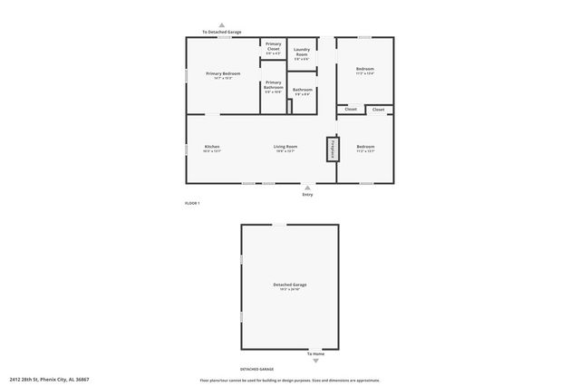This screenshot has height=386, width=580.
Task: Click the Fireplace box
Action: [333, 150]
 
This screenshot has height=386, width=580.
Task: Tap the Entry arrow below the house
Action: [307, 188]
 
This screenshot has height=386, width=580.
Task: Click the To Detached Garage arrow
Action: [222, 25]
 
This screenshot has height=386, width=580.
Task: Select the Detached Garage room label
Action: [290, 287]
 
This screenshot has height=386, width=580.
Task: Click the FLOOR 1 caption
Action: [192, 203]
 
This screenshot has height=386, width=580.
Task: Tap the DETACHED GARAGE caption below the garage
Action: [256, 370]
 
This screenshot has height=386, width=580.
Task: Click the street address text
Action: [49, 380]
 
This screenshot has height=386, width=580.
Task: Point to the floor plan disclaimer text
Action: [289, 380]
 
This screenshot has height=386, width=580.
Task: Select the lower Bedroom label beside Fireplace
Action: [365, 149]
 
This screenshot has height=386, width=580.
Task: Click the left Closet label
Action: [351, 110]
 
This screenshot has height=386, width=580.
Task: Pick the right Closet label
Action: [379, 110]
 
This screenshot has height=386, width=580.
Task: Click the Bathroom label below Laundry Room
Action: [303, 92]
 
